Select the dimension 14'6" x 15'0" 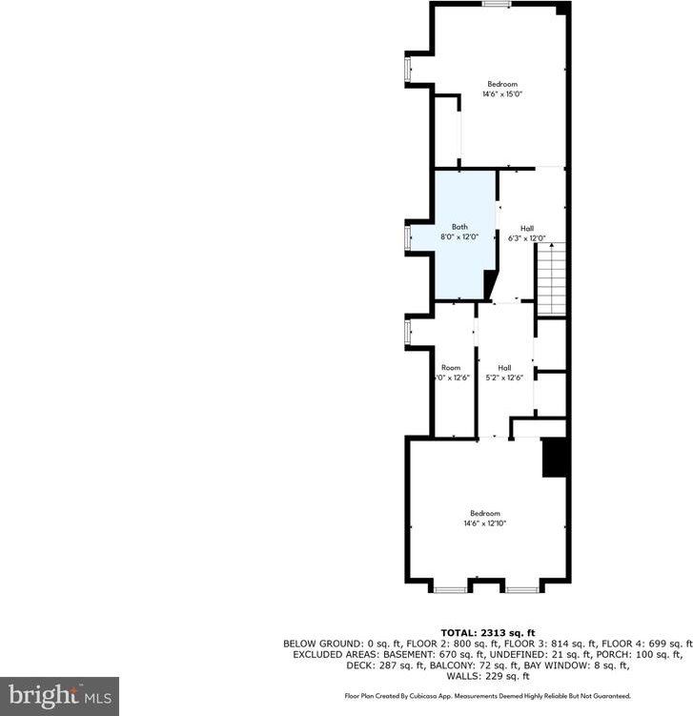502,94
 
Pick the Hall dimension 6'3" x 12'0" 526,238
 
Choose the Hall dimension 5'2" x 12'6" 504,378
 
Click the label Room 450,368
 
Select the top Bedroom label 502,84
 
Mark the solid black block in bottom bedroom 555,458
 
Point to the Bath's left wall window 408,236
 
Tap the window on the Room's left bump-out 408,330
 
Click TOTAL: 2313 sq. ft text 488,633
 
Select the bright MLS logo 59,696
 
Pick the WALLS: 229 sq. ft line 488,677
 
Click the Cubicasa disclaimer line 488,696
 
